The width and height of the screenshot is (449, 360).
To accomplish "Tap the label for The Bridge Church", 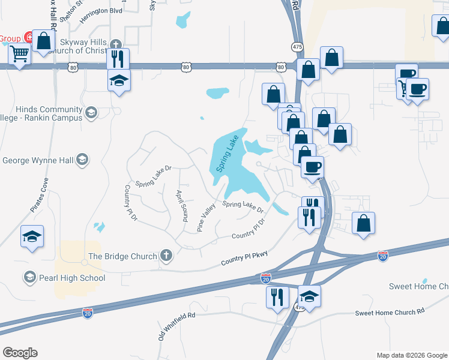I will coord(122,256).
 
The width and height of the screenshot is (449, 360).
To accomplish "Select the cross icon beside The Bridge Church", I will coord(166,256).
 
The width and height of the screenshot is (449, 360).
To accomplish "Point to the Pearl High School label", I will coord(71,278).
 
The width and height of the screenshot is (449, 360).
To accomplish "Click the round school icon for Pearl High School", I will coord(29,277).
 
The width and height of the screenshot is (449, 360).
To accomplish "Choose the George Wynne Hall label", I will coord(38,160).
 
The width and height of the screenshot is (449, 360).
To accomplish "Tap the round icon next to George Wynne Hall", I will coord(82,160).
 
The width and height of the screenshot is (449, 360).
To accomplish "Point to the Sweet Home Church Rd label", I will coord(389,312).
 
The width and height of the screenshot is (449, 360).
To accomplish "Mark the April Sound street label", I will coord(182,205).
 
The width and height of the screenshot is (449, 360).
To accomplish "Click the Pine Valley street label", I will coord(206,218).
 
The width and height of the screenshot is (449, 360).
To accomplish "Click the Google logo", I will coord(20,353).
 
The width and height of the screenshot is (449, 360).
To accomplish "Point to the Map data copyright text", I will coord(412,355).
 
